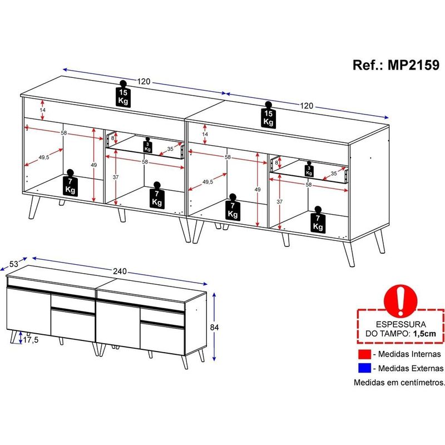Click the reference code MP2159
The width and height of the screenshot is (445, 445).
[413, 65]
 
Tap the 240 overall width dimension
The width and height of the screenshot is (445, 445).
[120, 271]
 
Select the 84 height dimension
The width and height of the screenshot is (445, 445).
[214, 327]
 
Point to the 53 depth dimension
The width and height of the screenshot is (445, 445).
[13, 264]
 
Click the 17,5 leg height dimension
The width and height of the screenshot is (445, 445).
[31, 340]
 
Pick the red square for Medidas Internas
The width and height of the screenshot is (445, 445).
[364, 354]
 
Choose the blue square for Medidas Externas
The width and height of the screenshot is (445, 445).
[364, 368]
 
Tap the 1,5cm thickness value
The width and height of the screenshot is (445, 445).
[424, 333]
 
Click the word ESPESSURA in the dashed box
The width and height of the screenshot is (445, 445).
[400, 324]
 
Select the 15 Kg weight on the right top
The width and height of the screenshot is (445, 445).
[268, 115]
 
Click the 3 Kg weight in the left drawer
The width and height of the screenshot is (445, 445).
[147, 145]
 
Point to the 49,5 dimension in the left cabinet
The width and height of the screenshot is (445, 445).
[44, 157]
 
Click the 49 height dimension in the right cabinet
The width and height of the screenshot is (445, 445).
[258, 189]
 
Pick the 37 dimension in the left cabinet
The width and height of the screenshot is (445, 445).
[116, 177]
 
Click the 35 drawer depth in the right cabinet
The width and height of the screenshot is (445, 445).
[334, 173]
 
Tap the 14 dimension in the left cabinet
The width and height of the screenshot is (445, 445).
[43, 110]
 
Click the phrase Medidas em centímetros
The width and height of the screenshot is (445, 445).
[399, 382]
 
